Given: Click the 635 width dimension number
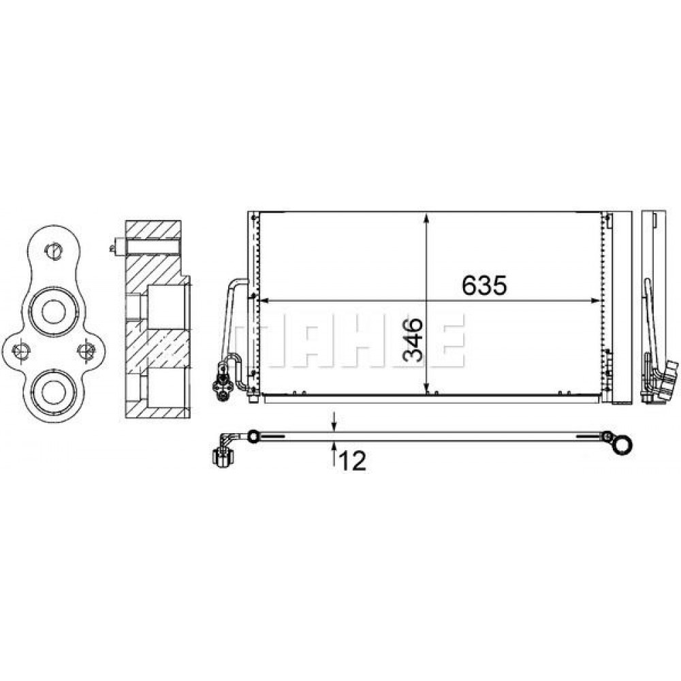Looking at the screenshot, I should point(484,286).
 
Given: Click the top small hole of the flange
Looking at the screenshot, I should point(52,250).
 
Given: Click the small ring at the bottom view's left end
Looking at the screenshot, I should point(253,436).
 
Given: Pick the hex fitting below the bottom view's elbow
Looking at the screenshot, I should point(222,458).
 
